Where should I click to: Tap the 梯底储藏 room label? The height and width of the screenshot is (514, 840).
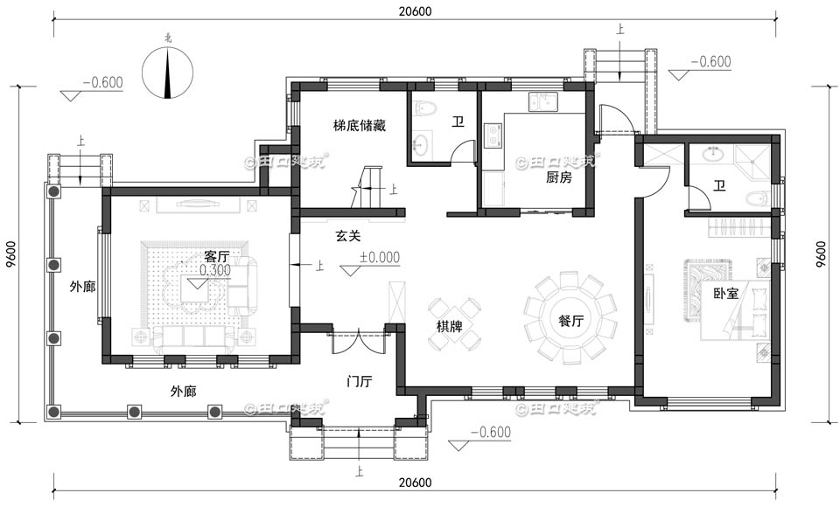click(x=359, y=126)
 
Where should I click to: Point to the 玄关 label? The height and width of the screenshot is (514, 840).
click(x=348, y=236)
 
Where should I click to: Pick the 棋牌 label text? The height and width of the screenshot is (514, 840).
click(x=450, y=326)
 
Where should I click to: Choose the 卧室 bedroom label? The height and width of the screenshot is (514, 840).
click(x=725, y=295)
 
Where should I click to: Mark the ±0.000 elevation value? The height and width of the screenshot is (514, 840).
click(x=380, y=258)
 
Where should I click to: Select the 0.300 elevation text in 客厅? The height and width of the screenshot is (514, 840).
click(x=214, y=271)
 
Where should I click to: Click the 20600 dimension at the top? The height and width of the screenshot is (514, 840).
click(x=414, y=10)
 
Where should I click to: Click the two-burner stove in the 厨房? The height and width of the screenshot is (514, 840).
click(x=493, y=135)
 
